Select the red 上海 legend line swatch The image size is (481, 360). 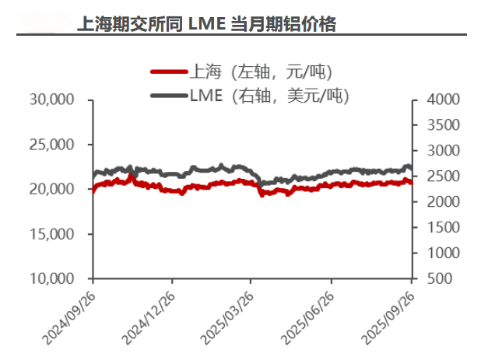point(169,73)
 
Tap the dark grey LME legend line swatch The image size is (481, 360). point(169,96)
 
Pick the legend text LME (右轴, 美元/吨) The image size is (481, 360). point(269,96)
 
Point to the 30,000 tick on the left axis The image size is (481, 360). point(51,100)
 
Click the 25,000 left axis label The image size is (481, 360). point(51,145)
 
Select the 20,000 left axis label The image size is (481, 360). point(51,189)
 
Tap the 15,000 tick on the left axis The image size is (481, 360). point(51,234)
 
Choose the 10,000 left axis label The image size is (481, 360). point(51,278)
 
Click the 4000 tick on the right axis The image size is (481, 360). point(436,100)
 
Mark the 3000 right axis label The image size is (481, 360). point(436,151)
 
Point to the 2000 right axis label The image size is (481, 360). point(436,202)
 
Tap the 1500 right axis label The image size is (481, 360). point(436,227)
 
